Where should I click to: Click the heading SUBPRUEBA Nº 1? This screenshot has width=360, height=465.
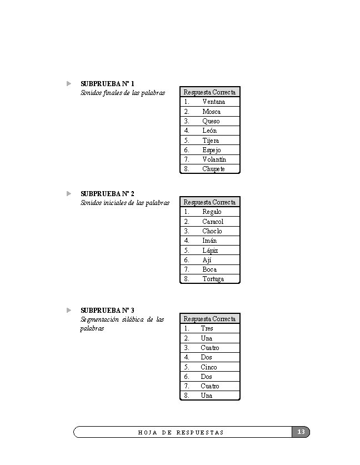(x=107, y=83)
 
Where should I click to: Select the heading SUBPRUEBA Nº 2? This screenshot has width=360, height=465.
(x=107, y=193)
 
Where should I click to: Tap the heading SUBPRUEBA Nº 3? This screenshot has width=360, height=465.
(x=107, y=310)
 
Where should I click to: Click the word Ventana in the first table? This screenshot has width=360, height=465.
(x=213, y=102)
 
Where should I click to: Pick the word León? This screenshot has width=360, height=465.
(x=209, y=131)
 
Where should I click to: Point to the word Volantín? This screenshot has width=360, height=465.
(x=214, y=159)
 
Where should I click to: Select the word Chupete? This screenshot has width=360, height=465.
(x=213, y=169)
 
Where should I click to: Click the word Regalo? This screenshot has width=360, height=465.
(x=212, y=212)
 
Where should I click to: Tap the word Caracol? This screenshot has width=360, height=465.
(x=213, y=221)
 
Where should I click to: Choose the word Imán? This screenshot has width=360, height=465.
(x=209, y=241)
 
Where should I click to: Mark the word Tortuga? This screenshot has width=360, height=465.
(x=213, y=279)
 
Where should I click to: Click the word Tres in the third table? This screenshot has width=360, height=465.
(x=207, y=328)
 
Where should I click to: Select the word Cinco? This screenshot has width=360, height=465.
(x=209, y=367)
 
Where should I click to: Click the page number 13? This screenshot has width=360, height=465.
(x=301, y=432)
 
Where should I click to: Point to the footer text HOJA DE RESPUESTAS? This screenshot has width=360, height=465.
(x=181, y=432)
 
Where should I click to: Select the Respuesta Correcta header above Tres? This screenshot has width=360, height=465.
(x=209, y=319)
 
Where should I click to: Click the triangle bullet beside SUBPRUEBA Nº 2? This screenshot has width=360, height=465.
(x=69, y=193)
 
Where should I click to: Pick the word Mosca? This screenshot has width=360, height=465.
(x=211, y=112)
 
